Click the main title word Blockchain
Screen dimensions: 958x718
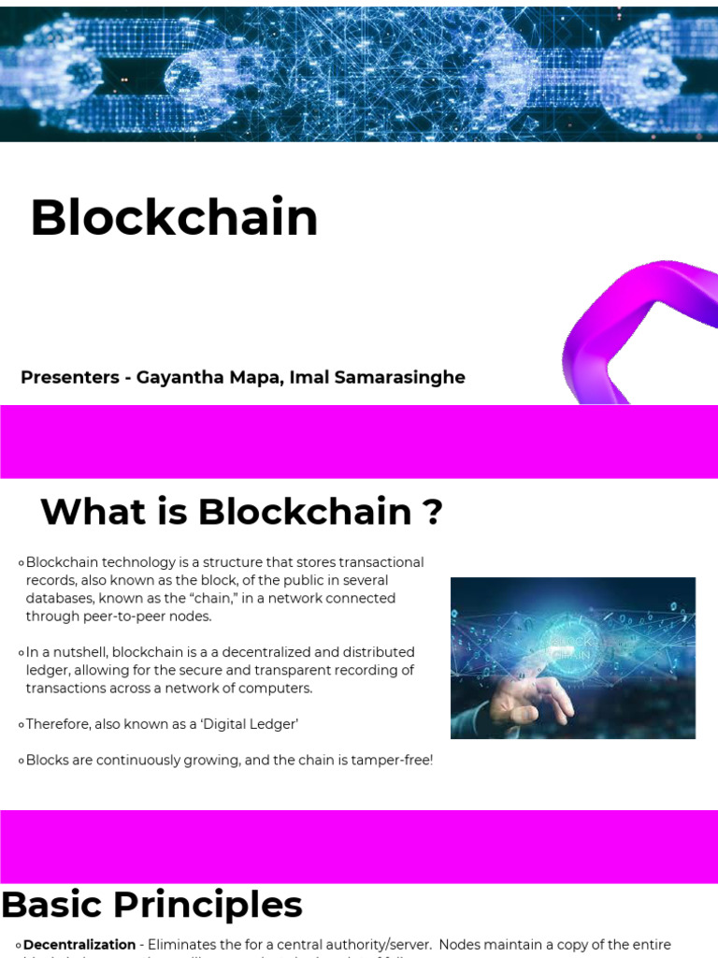174,218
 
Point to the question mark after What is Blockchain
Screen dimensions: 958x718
432,513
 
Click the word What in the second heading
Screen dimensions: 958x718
86,513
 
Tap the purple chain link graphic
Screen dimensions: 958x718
645,327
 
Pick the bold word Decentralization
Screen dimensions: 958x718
79,945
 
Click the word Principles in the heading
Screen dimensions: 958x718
223,906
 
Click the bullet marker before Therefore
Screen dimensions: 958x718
21,725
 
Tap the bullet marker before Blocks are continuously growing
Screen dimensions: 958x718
21,761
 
